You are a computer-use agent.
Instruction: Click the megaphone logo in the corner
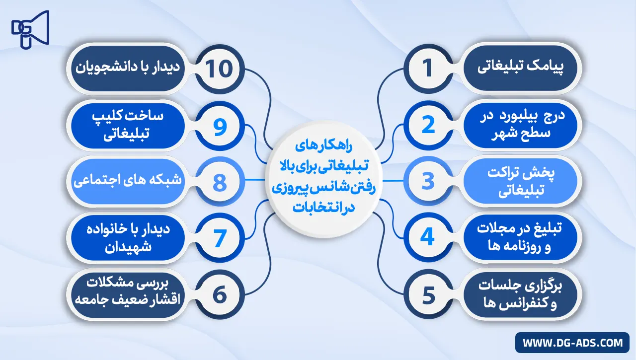point(30,28)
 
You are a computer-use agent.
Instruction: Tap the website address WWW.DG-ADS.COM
point(572,343)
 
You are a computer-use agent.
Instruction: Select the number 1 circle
point(428,69)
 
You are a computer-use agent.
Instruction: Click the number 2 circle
point(428,126)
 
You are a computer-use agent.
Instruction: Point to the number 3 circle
point(428,182)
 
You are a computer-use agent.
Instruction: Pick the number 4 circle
point(428,238)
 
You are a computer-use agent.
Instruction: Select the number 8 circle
point(220,182)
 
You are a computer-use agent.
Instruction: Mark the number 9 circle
point(220,126)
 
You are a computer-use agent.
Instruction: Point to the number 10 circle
point(220,69)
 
